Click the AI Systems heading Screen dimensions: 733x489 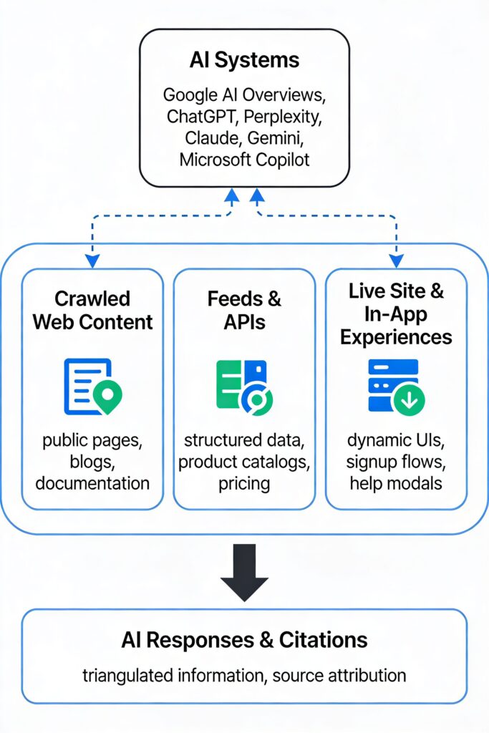244,60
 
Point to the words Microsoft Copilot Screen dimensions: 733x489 244,159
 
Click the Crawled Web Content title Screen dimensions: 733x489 92,310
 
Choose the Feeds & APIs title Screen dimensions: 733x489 244,310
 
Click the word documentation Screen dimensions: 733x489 92,483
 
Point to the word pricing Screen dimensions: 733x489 244,483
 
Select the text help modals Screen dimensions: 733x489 396,483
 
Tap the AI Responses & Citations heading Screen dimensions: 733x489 244,639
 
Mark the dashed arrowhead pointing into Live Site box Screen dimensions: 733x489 395,261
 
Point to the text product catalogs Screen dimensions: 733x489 244,462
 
